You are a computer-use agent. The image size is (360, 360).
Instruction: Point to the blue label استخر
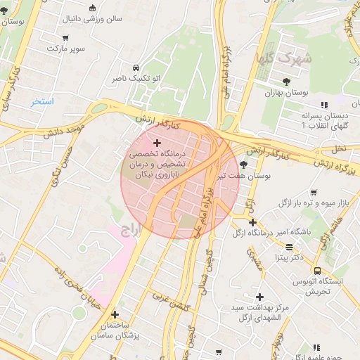pos(41,102)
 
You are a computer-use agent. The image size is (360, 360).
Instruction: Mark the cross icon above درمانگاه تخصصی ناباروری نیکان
pos(157,143)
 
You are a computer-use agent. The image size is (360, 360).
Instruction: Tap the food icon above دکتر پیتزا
pos(290,247)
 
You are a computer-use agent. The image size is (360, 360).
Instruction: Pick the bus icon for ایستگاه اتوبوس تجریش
pos(318,271)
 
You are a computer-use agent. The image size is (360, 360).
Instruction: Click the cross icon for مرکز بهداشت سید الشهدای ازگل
pos(259,297)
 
